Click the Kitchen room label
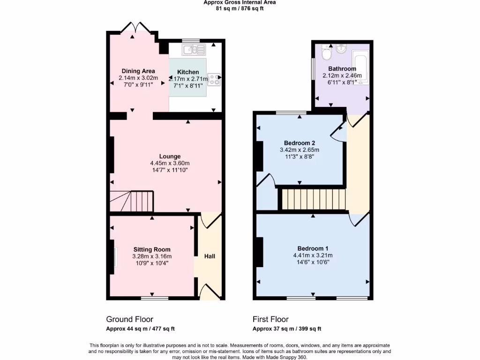click(x=187, y=72)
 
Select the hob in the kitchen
click(x=214, y=80)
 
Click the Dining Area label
click(x=138, y=71)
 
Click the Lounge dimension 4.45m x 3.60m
click(x=169, y=163)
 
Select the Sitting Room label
click(x=151, y=249)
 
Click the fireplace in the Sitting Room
click(x=113, y=257)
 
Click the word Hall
click(x=209, y=256)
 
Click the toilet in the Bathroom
click(x=327, y=54)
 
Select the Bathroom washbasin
click(x=341, y=48)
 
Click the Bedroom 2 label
click(x=299, y=143)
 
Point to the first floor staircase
click(x=313, y=199)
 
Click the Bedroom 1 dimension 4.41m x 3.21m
click(x=312, y=255)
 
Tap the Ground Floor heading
click(x=129, y=319)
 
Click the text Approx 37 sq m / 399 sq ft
click(x=286, y=329)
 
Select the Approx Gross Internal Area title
click(x=240, y=2)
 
